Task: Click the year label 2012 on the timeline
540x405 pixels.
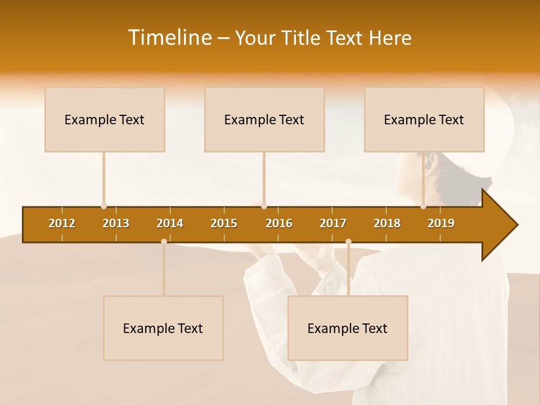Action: pyautogui.click(x=62, y=223)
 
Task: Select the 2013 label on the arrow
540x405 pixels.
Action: pyautogui.click(x=116, y=223)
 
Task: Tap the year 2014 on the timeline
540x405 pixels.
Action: pyautogui.click(x=170, y=223)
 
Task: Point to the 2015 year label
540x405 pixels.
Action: pyautogui.click(x=224, y=223)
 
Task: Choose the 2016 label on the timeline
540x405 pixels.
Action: pyautogui.click(x=279, y=223)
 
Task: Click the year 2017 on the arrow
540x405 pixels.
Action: pyautogui.click(x=333, y=223)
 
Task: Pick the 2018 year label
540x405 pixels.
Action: pyautogui.click(x=387, y=223)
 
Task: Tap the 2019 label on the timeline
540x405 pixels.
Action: pyautogui.click(x=441, y=223)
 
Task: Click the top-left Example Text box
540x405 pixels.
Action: pyautogui.click(x=105, y=119)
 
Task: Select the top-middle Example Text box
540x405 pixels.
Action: pyautogui.click(x=264, y=119)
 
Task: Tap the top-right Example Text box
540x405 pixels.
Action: pyautogui.click(x=424, y=119)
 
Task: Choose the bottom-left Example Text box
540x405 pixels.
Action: pyautogui.click(x=163, y=328)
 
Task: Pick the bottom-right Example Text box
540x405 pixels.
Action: pyautogui.click(x=348, y=328)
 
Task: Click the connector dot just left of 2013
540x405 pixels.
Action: pyautogui.click(x=103, y=206)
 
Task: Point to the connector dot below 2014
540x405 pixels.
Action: pyautogui.click(x=164, y=241)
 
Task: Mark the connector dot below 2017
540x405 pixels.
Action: pyautogui.click(x=348, y=241)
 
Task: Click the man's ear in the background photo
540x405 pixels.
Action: pyautogui.click(x=431, y=165)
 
